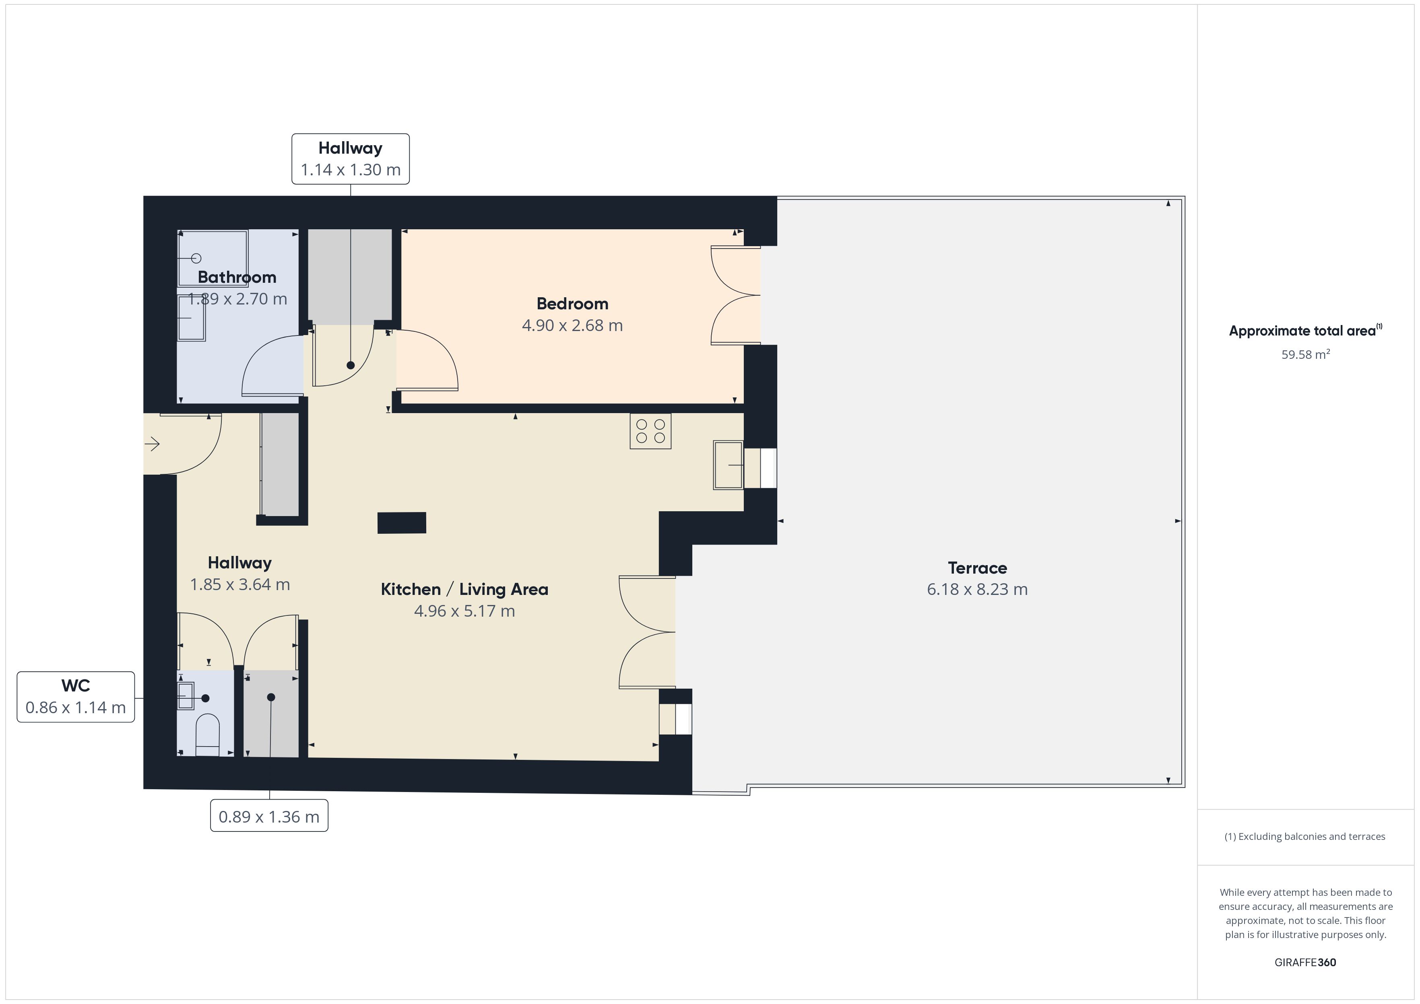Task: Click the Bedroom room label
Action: point(572,304)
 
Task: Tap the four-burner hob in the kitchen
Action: point(650,431)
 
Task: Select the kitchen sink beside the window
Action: point(729,465)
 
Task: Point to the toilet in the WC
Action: point(207,735)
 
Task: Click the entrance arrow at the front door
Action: point(152,444)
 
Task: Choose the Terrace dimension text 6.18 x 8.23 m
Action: point(977,589)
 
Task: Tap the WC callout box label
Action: point(75,697)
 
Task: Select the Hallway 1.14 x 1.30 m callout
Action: point(351,159)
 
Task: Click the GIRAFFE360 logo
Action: point(1305,962)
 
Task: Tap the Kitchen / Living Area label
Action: point(464,589)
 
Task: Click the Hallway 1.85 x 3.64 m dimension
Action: point(240,584)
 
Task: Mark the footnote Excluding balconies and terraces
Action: point(1305,836)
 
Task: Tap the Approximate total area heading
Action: point(1305,330)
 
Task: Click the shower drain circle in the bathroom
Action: point(197,258)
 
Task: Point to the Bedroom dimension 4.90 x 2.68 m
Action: point(572,325)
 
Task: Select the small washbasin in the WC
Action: point(186,697)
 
